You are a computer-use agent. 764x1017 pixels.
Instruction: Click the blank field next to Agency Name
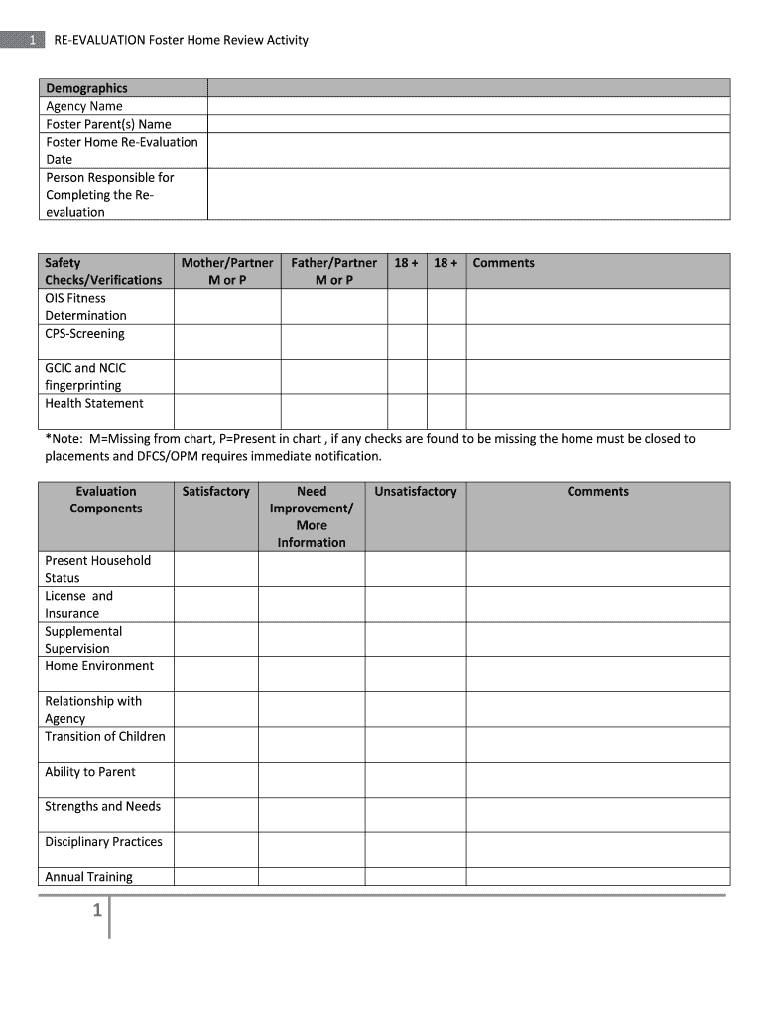(x=468, y=106)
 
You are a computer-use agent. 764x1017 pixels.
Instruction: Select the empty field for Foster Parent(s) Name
(x=468, y=124)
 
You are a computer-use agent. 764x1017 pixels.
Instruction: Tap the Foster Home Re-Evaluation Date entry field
(x=468, y=150)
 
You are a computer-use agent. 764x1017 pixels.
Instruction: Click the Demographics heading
(x=86, y=88)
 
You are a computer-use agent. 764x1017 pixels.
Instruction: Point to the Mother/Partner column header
(x=227, y=271)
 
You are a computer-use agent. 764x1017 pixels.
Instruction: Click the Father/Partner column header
(x=334, y=271)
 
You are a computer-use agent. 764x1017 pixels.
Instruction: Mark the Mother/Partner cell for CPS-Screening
(x=227, y=342)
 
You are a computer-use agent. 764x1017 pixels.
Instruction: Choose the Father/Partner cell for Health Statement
(x=334, y=411)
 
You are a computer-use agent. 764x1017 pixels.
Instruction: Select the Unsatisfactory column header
(x=416, y=492)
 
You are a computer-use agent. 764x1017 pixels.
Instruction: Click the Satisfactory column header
(x=216, y=492)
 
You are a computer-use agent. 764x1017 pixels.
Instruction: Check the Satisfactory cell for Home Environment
(x=216, y=674)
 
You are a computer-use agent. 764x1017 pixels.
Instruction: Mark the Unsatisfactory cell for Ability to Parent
(x=416, y=780)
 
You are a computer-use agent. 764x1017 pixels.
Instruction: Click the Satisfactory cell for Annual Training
(x=216, y=877)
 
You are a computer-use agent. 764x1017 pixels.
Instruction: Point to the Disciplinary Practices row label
(x=103, y=842)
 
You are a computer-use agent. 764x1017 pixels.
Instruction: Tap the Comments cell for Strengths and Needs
(x=597, y=814)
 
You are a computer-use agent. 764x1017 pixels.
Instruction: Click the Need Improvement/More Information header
(x=312, y=516)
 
